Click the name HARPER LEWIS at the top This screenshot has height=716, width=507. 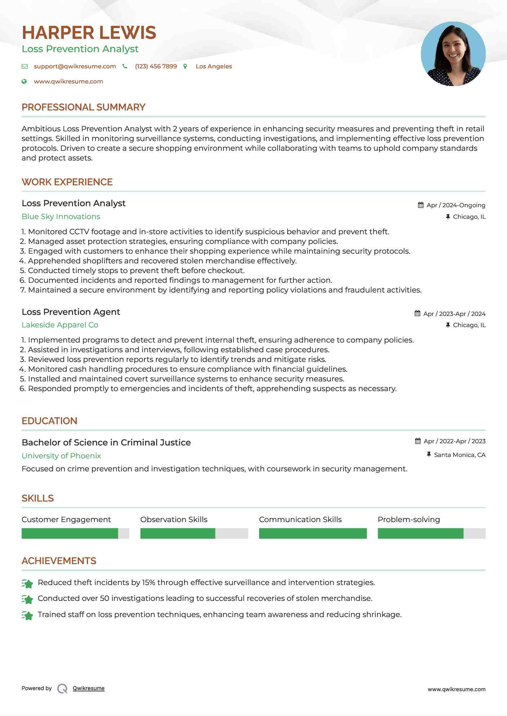point(89,33)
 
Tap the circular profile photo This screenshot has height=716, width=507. point(453,54)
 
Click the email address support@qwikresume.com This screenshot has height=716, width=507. point(75,66)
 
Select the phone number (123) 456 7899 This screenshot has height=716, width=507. point(156,66)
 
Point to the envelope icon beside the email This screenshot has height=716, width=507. point(25,66)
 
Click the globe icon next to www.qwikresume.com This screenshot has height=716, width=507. point(24,81)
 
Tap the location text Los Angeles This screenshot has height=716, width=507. point(214,66)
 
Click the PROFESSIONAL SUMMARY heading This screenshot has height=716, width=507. point(83,107)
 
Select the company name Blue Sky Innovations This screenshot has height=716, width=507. point(61,217)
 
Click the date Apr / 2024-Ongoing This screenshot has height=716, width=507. point(455,205)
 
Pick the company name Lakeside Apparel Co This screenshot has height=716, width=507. point(60,325)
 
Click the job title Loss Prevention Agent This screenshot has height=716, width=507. point(71,312)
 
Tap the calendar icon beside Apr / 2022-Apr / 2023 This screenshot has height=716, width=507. point(418,441)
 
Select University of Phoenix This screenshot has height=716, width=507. point(61,456)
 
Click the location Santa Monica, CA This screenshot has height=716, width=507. point(459,455)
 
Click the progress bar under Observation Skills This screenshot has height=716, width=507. point(194,533)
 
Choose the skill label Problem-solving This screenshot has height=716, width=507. point(409,520)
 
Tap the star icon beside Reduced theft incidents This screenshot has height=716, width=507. point(27,583)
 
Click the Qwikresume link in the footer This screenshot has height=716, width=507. point(89,688)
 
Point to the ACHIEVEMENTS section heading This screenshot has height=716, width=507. point(59,561)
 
